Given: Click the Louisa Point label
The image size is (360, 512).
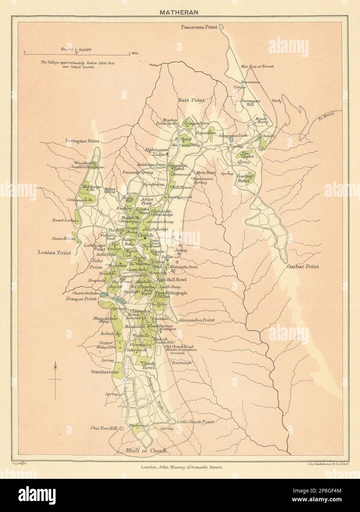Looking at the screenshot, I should pyautogui.click(x=54, y=253).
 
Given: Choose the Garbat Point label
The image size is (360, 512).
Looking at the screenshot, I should pyautogui.click(x=304, y=266).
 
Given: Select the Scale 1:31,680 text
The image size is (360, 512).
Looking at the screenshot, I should pyautogui.click(x=77, y=49).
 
